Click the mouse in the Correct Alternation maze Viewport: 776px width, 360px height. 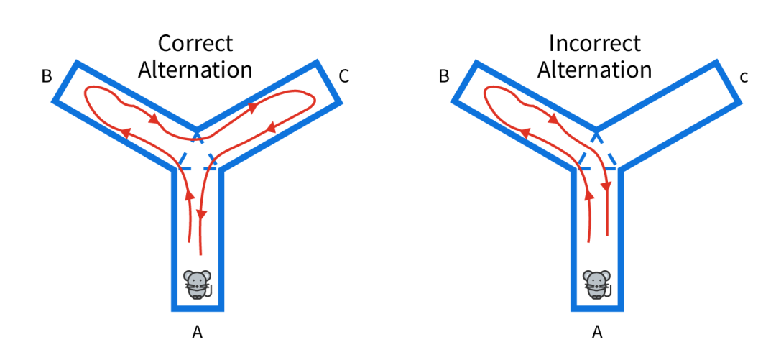pyautogui.click(x=198, y=285)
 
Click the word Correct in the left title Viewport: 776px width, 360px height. pyautogui.click(x=195, y=43)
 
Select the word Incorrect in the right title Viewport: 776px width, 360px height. pyautogui.click(x=594, y=43)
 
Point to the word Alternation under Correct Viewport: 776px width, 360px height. pyautogui.click(x=195, y=70)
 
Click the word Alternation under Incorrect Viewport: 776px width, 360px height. pyautogui.click(x=594, y=70)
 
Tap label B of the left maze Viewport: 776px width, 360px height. pyautogui.click(x=47, y=76)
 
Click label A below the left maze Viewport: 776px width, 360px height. pyautogui.click(x=198, y=332)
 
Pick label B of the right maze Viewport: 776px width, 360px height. pyautogui.click(x=444, y=76)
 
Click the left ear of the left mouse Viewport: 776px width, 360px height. pyautogui.click(x=188, y=276)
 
